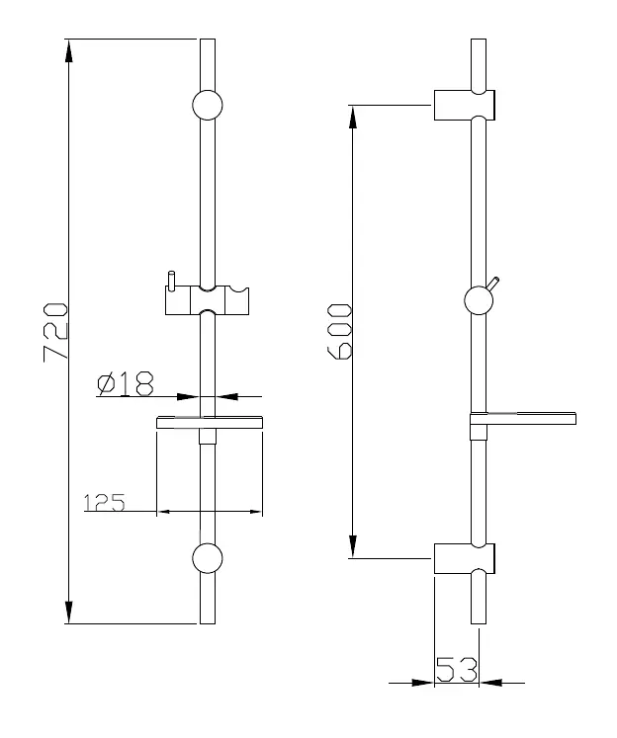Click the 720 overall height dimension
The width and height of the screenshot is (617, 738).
[55, 332]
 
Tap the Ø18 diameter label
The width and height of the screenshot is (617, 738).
[126, 383]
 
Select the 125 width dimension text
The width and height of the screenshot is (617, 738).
[104, 502]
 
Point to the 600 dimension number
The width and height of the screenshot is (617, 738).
[339, 331]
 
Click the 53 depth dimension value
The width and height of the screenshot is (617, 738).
[457, 669]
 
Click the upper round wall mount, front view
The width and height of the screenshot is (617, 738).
[208, 105]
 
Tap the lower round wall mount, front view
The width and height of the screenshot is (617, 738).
[208, 558]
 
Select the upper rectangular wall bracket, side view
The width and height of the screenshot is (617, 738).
[464, 105]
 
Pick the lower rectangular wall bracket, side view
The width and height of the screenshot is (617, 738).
[464, 558]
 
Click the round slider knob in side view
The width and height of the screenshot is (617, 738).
[479, 300]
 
